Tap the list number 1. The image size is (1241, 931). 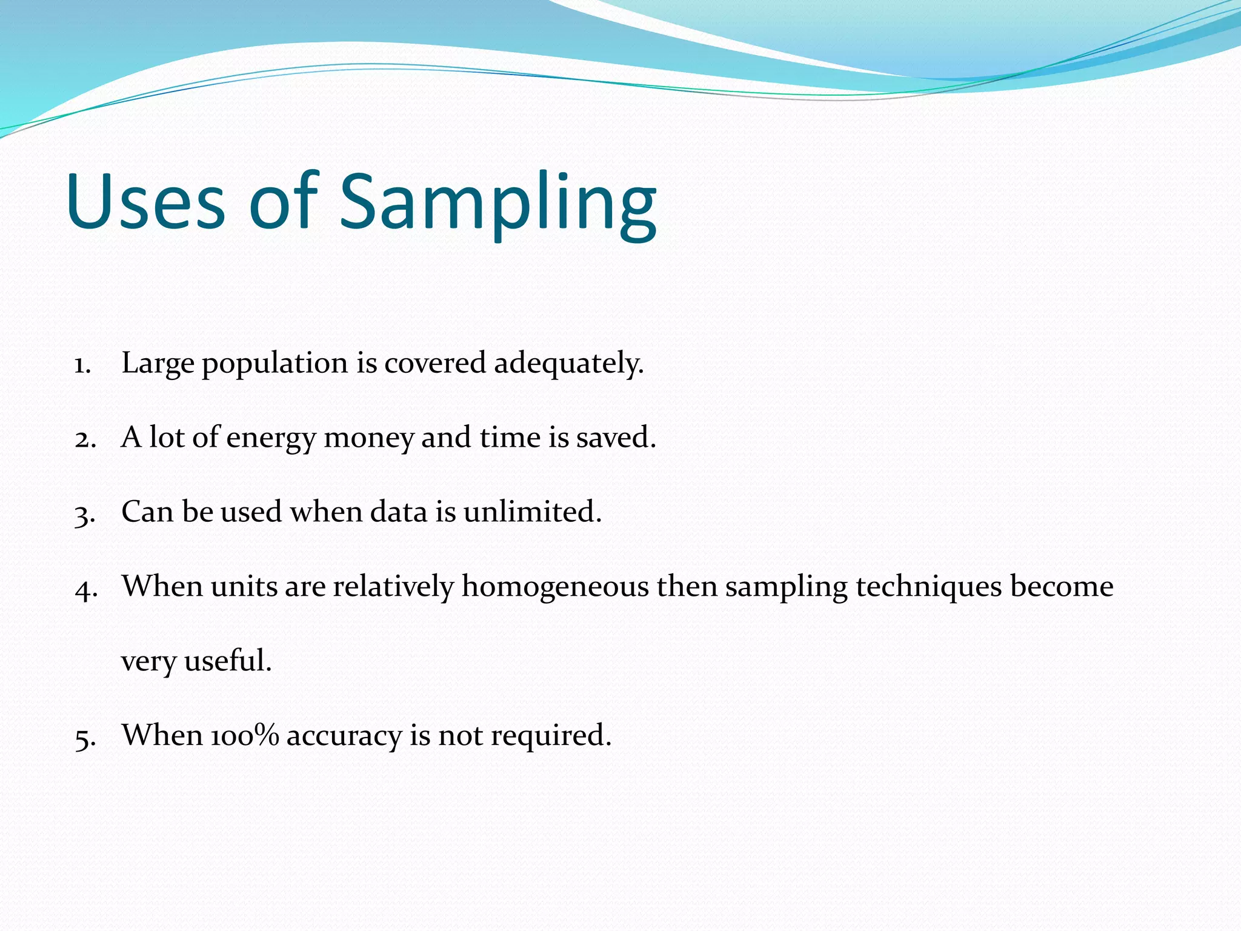pyautogui.click(x=82, y=365)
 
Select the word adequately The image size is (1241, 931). pyautogui.click(x=568, y=364)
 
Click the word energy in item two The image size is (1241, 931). pyautogui.click(x=271, y=438)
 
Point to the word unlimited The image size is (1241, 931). pyautogui.click(x=532, y=512)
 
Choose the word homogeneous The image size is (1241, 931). pyautogui.click(x=554, y=587)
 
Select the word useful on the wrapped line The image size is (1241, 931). pyautogui.click(x=227, y=661)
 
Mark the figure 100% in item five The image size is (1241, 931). pyautogui.click(x=244, y=735)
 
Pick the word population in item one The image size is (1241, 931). pyautogui.click(x=274, y=364)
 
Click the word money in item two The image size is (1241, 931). pyautogui.click(x=368, y=438)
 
